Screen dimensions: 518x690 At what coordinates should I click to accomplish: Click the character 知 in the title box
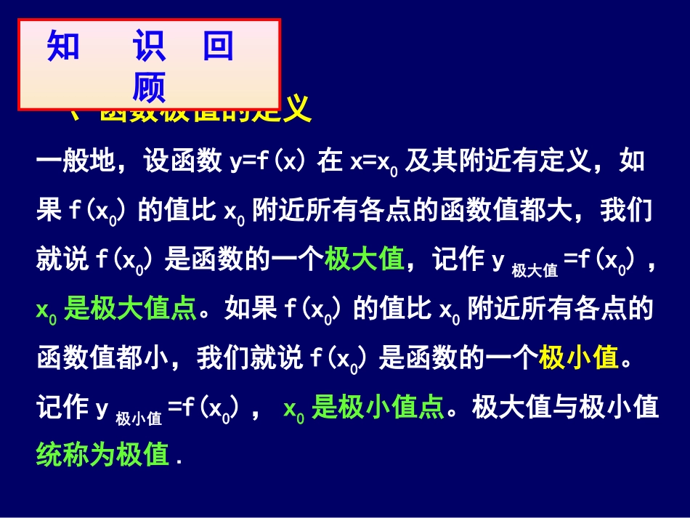coord(63,47)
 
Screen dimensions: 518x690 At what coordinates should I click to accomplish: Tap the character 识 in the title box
coord(149,47)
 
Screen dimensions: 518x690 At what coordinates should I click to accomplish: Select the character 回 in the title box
coord(218,47)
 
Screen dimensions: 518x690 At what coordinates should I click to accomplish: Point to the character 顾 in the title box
coord(149,87)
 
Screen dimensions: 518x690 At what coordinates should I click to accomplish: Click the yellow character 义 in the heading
coord(297,110)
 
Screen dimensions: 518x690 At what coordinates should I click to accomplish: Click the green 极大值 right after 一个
coord(364,259)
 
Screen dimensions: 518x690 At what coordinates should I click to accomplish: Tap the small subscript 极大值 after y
coord(534,270)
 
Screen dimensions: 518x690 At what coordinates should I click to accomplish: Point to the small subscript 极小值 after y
coord(139,418)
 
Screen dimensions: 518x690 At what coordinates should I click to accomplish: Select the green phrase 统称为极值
coord(102,456)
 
